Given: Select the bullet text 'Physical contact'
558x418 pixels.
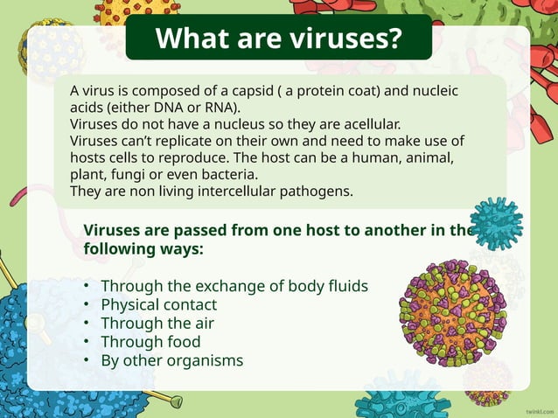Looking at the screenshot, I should coord(159,305).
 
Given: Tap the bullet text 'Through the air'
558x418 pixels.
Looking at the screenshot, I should coord(157,324).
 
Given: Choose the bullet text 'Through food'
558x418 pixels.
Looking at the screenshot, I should coord(150,342).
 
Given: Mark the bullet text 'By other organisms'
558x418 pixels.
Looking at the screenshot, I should coord(172,360).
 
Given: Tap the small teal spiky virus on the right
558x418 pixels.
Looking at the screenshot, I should coord(496,223).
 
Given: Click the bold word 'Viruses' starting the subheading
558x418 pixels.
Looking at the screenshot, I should coord(115,230).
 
